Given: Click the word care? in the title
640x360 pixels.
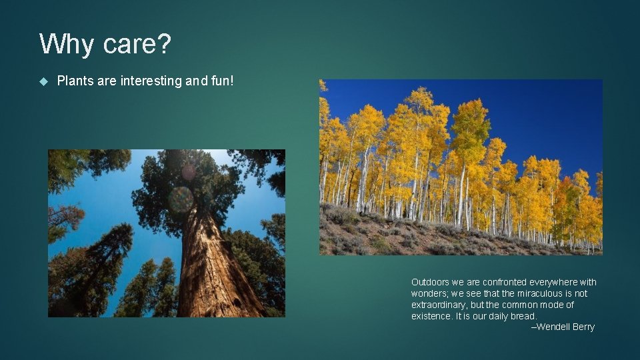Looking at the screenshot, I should click(137, 45).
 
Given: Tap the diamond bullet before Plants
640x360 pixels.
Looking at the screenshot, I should click(44, 81).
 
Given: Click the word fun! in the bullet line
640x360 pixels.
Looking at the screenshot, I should click(221, 81).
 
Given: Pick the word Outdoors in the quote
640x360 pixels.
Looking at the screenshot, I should click(431, 282).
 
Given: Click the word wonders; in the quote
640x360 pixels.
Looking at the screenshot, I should click(431, 293).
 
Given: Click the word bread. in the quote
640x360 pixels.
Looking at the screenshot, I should click(523, 316).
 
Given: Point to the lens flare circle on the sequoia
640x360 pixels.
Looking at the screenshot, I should click(180, 199).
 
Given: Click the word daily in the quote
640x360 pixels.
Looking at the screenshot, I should click(498, 316).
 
